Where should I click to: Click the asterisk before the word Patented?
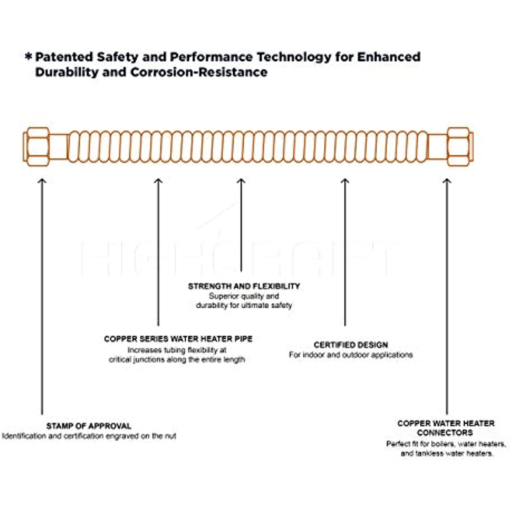[x=29, y=56]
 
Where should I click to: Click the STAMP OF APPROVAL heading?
[x=89, y=426]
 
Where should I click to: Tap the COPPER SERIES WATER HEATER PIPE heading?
[x=178, y=339]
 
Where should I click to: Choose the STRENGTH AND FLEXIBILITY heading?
[x=244, y=286]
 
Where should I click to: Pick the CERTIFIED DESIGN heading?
[x=351, y=345]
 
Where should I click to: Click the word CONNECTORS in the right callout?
[x=445, y=433]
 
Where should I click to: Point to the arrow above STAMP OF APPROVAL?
[x=42, y=296]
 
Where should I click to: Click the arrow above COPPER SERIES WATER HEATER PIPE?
[x=158, y=252]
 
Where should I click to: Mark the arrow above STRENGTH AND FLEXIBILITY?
[x=241, y=225]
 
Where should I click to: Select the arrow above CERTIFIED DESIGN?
[x=345, y=252]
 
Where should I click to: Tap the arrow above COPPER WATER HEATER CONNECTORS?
[x=447, y=296]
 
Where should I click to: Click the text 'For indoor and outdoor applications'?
[x=351, y=355]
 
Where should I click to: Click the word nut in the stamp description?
[x=171, y=436]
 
